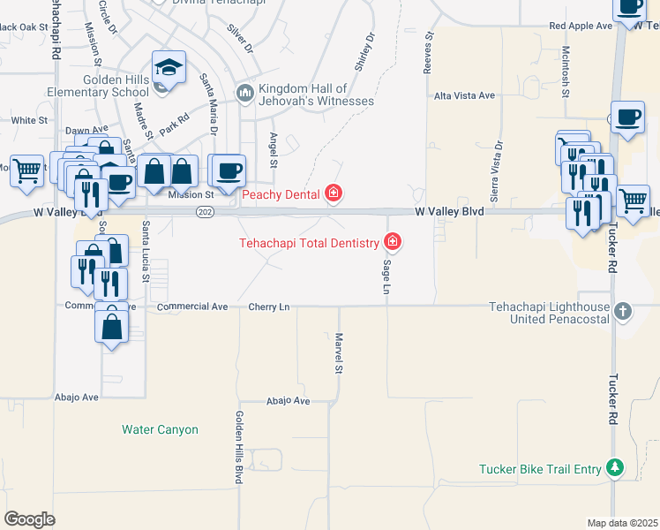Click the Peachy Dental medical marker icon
(333, 193)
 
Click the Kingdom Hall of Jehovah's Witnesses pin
(244, 92)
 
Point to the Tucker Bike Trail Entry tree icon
(615, 469)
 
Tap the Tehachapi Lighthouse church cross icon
(623, 310)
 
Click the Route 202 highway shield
(205, 212)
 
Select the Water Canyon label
(160, 430)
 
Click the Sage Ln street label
(386, 276)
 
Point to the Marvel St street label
(338, 352)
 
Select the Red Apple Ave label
(580, 26)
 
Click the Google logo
(29, 519)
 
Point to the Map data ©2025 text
(622, 523)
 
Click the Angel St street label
(273, 149)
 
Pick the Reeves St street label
(430, 52)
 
